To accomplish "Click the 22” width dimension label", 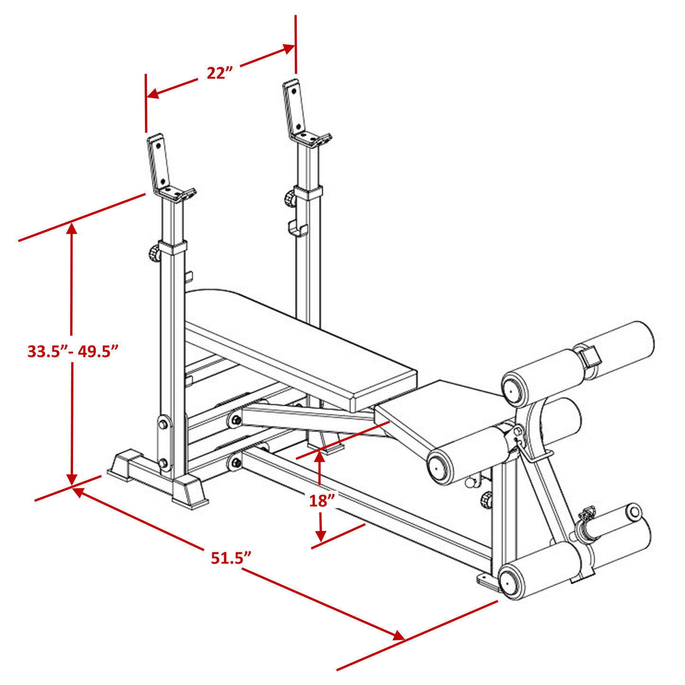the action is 219,73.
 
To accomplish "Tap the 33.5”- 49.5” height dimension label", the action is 73,352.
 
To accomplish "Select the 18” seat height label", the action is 322,501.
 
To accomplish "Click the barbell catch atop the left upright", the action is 171,168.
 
